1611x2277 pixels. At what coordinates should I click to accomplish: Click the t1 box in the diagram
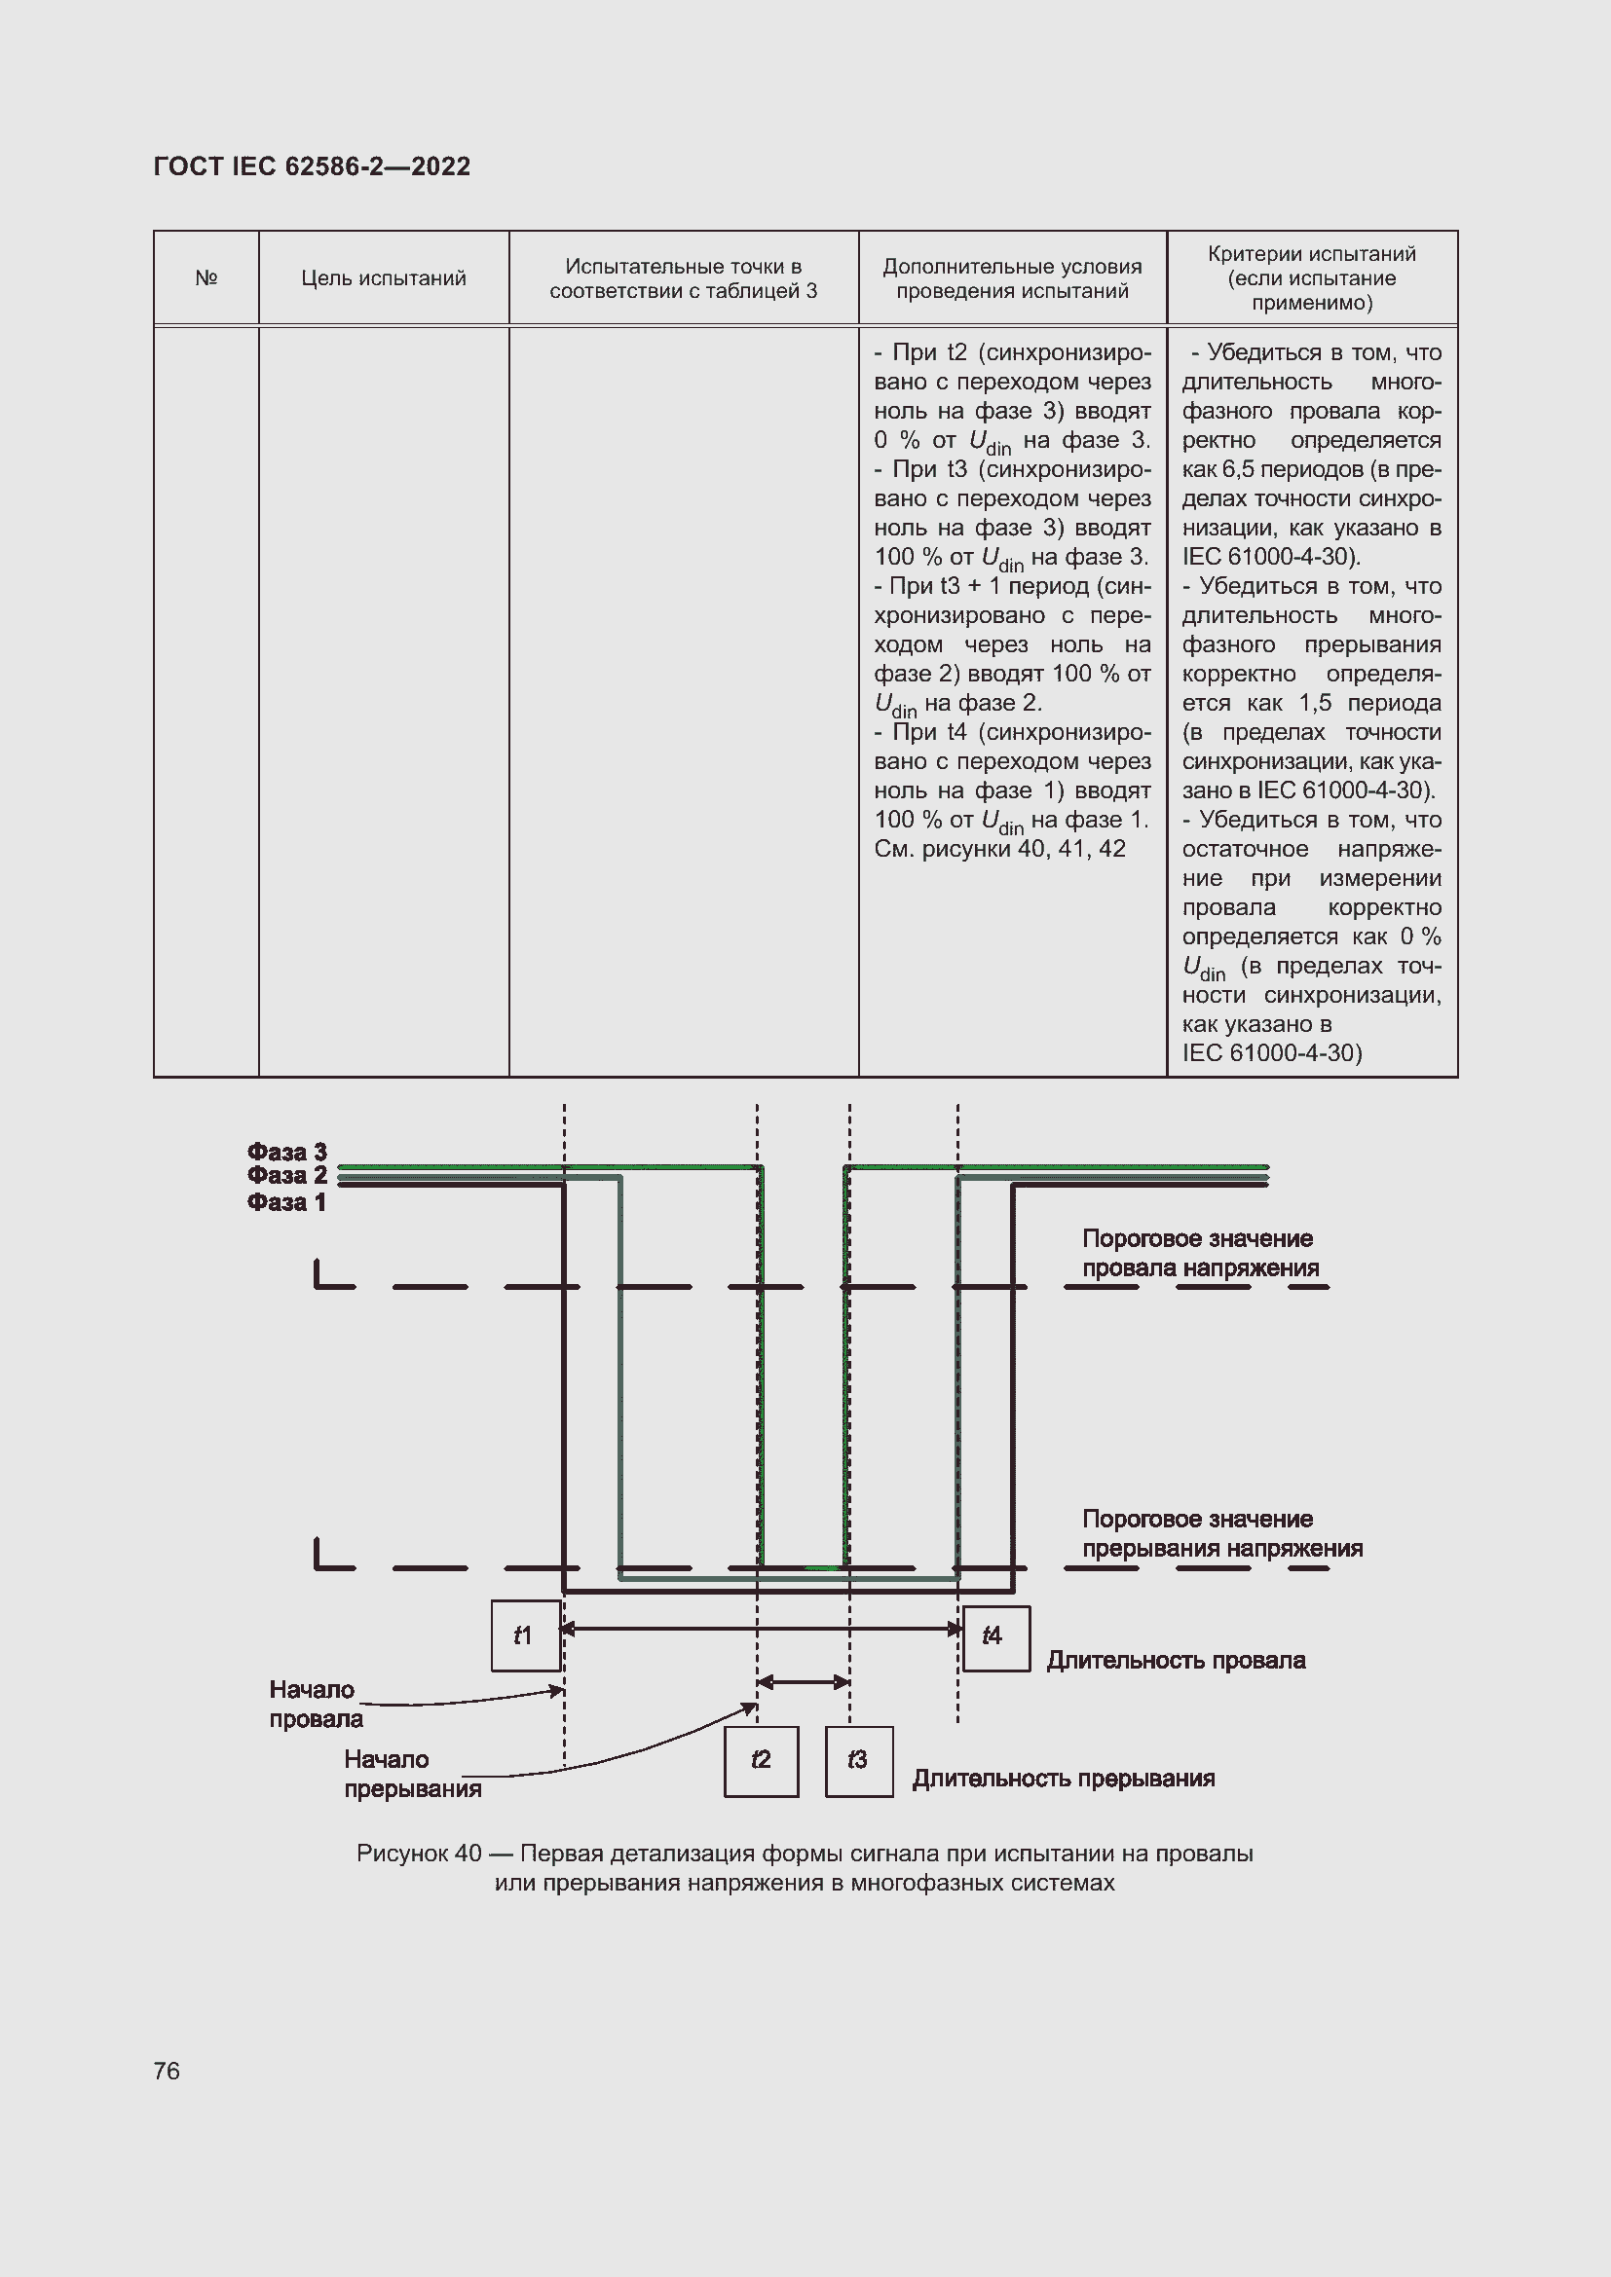click(x=526, y=1635)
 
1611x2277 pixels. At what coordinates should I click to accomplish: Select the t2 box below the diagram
click(x=761, y=1761)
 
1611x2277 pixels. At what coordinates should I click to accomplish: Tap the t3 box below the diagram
click(x=859, y=1761)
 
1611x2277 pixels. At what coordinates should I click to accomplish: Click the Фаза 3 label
click(x=286, y=1152)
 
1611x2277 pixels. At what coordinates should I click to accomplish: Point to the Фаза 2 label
click(x=286, y=1175)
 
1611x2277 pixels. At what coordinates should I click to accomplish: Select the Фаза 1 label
click(x=286, y=1202)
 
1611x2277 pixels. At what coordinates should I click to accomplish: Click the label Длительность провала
click(x=1176, y=1660)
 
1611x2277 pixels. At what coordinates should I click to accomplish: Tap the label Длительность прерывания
click(x=1064, y=1779)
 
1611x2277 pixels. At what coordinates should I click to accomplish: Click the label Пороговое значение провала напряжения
click(x=1199, y=1253)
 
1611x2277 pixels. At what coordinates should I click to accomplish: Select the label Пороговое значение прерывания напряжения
click(x=1221, y=1533)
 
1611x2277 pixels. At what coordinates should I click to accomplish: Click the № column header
click(x=206, y=277)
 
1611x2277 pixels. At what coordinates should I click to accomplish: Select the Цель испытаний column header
click(x=384, y=277)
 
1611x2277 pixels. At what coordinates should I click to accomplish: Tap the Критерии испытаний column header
click(x=1311, y=277)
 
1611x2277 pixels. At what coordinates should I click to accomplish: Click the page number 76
click(x=167, y=2071)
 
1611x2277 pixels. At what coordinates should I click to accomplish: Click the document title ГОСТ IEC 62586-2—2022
click(x=312, y=166)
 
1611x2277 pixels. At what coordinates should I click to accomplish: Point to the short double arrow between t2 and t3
click(x=804, y=1682)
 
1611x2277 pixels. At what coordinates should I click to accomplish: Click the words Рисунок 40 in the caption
click(x=419, y=1854)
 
